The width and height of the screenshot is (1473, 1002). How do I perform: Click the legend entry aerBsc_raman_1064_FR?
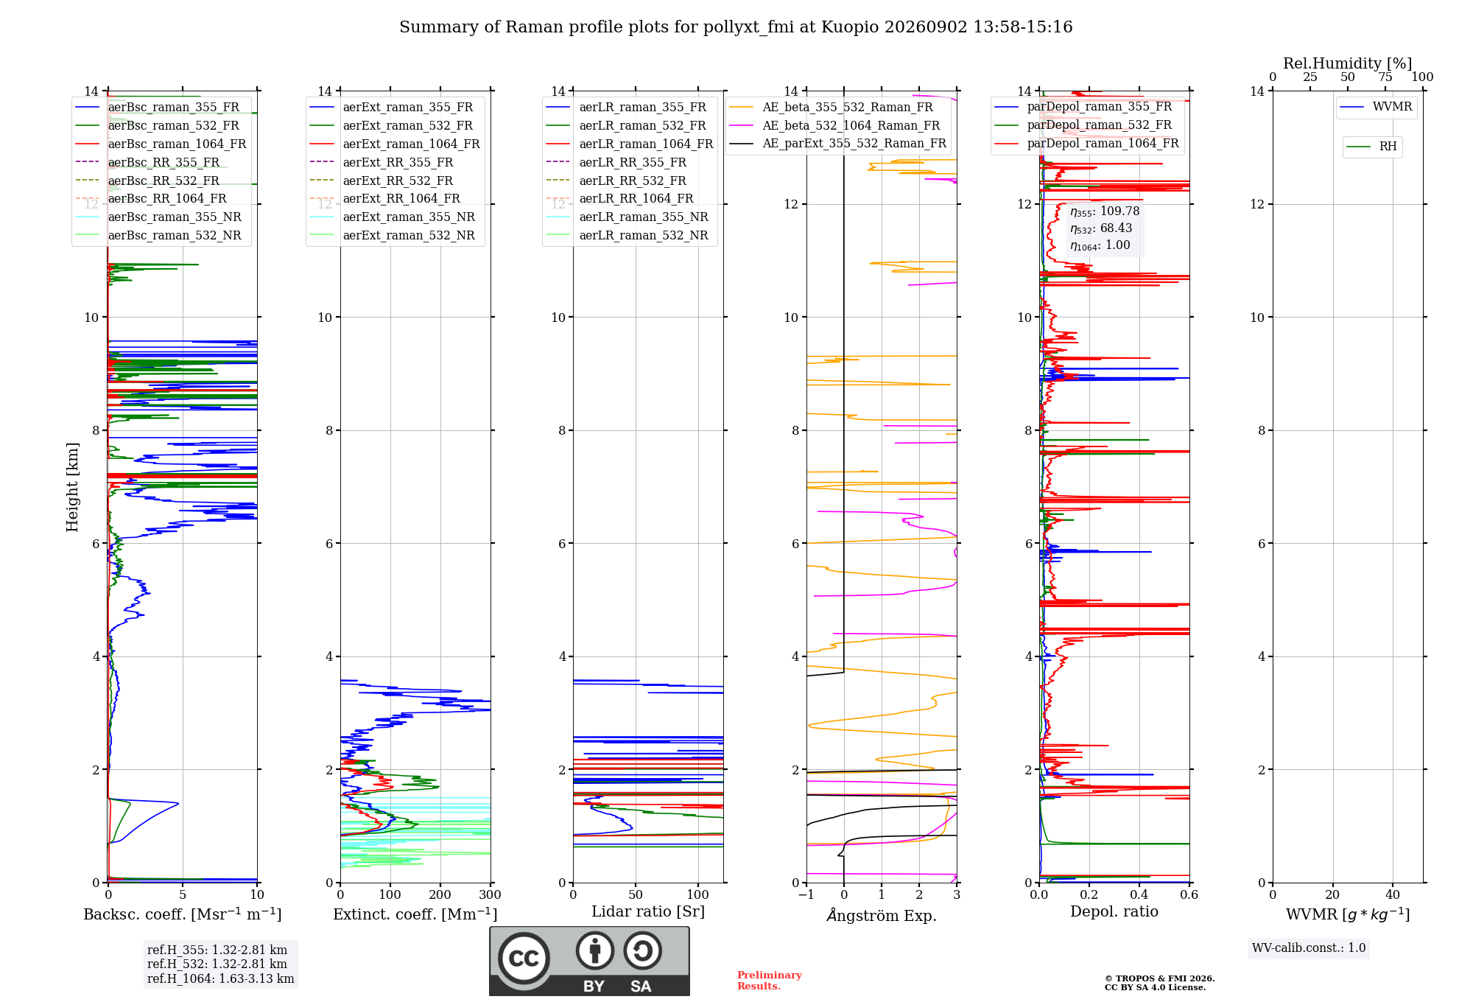[x=161, y=144]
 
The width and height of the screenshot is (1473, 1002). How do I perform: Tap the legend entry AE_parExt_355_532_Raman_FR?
[x=837, y=143]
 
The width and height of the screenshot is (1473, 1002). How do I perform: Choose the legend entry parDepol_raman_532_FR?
[x=1083, y=125]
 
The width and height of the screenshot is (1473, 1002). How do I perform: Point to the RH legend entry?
[x=1372, y=147]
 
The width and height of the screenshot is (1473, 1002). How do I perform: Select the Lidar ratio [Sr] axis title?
[x=648, y=911]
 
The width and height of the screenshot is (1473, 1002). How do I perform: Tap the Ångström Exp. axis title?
[x=882, y=914]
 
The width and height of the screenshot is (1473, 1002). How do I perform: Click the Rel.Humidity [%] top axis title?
[x=1348, y=63]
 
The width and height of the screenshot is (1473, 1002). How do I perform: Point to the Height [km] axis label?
[x=72, y=487]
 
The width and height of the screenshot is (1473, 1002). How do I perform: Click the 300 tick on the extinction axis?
[x=491, y=894]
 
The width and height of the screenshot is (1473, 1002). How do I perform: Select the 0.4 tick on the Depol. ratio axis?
[x=1139, y=894]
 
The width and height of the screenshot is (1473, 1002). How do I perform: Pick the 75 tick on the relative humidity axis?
[x=1385, y=77]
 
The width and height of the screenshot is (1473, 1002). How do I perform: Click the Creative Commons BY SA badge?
[x=589, y=961]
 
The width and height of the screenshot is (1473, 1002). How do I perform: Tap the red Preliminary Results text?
[x=770, y=981]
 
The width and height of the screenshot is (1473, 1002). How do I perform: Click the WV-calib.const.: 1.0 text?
[x=1309, y=948]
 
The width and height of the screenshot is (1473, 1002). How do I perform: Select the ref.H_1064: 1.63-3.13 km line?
[x=221, y=979]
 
